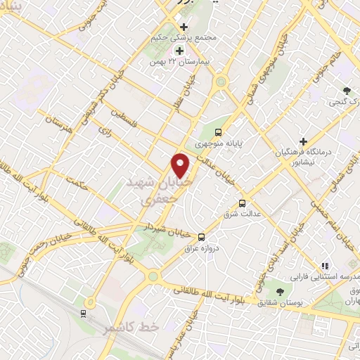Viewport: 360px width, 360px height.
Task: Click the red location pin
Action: pyautogui.click(x=181, y=165)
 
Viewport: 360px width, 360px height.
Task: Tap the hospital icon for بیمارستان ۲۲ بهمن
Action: pyautogui.click(x=179, y=51)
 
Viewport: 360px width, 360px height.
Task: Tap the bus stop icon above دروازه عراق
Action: pyautogui.click(x=202, y=237)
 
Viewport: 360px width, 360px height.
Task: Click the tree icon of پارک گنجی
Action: pyautogui.click(x=347, y=91)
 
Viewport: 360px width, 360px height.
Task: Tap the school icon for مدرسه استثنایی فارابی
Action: pyautogui.click(x=324, y=266)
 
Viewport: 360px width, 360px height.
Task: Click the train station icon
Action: pyautogui.click(x=86, y=303)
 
